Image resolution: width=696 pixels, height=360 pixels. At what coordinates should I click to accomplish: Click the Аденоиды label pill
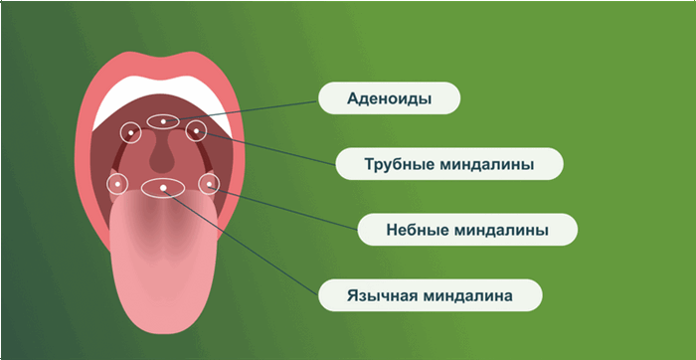click(x=389, y=97)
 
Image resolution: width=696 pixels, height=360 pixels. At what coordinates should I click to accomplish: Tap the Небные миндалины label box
click(x=466, y=230)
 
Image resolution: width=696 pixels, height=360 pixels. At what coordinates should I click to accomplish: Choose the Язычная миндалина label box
click(x=430, y=295)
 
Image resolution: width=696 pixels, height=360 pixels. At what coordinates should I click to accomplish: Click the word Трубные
click(x=389, y=164)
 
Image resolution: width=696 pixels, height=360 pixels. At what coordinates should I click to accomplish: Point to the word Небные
click(x=414, y=230)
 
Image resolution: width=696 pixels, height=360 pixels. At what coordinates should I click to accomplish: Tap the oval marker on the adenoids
click(x=162, y=120)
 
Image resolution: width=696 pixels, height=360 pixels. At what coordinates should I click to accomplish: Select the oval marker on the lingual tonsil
click(x=163, y=187)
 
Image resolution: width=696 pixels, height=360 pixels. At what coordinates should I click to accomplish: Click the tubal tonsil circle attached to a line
click(x=196, y=130)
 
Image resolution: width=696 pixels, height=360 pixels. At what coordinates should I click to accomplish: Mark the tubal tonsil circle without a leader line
click(x=130, y=131)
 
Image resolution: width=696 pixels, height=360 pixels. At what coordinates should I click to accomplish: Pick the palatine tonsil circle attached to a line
click(x=209, y=183)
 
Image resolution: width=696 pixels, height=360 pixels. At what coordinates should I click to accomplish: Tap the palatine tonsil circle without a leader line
click(x=118, y=183)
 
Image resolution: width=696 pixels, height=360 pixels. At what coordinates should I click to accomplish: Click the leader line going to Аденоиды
click(x=249, y=108)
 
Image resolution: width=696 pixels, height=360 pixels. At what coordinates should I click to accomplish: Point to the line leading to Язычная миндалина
click(x=249, y=244)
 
